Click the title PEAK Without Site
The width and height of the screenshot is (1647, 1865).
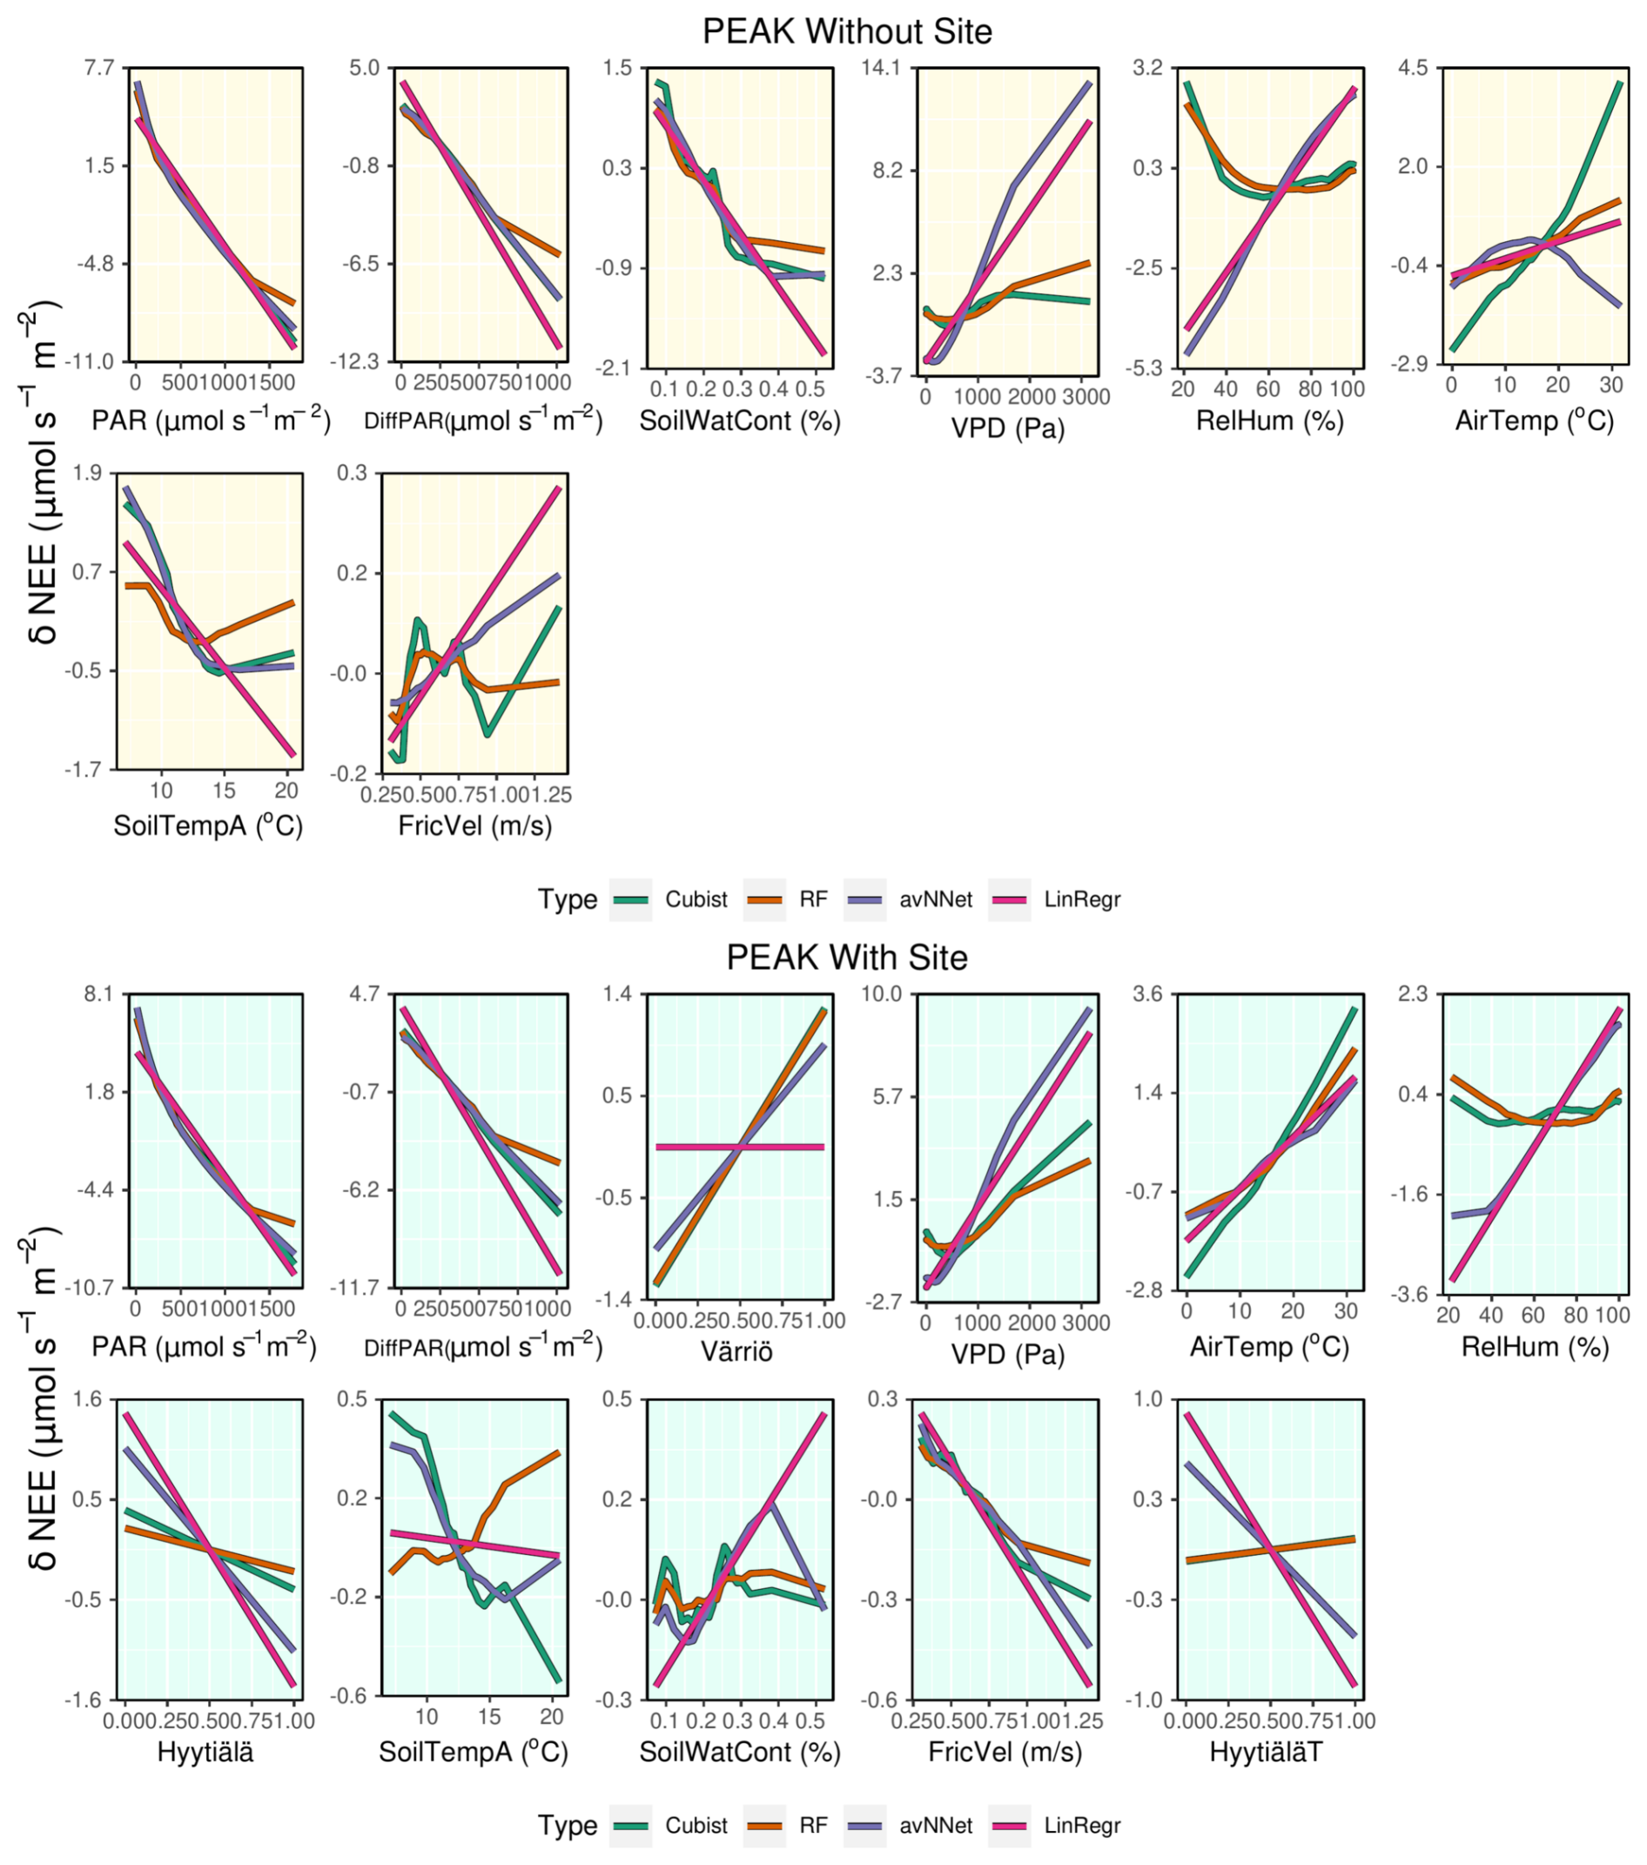846,32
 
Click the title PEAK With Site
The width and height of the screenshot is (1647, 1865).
846,957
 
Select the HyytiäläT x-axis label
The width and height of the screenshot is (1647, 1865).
1266,1752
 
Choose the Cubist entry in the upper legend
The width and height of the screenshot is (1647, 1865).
696,899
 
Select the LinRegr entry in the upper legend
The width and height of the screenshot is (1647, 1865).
1082,899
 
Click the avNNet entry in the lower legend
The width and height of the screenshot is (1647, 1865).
935,1825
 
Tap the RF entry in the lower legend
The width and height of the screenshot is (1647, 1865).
813,1825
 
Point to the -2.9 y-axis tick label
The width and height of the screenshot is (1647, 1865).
1408,364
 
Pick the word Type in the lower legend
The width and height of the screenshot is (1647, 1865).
567,1825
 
